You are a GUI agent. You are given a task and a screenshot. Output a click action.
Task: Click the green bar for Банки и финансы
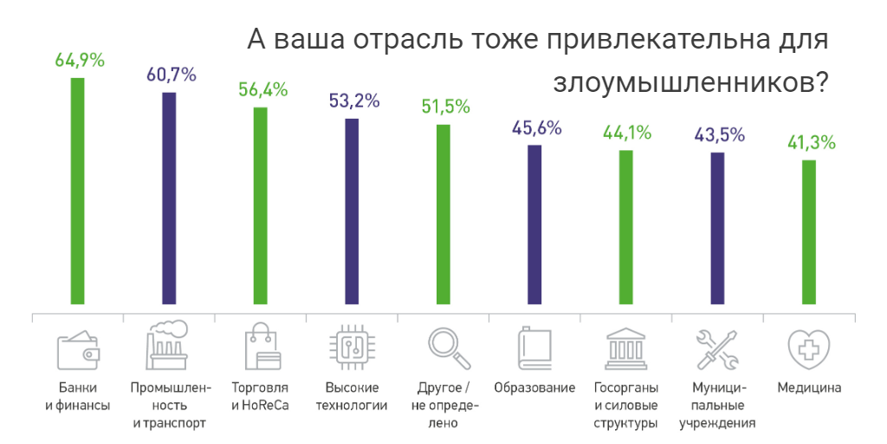coord(78,191)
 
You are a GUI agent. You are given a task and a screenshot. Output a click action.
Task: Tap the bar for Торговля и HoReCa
coord(260,206)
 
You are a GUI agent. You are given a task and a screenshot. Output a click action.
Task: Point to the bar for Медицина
coord(809,232)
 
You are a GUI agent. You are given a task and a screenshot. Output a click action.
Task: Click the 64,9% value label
coord(80,61)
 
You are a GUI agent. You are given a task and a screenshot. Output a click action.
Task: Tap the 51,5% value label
coord(445,108)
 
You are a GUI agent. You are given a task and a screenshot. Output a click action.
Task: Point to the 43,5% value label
coord(720,135)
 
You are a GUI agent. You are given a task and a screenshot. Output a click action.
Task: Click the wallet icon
coord(78,349)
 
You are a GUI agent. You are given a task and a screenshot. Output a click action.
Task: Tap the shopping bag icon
coord(261,347)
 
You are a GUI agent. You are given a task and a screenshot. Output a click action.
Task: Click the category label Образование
coord(534,388)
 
